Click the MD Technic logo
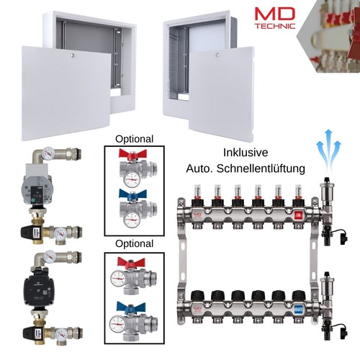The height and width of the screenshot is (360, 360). pos(275,18)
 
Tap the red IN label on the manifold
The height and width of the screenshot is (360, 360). pos(298,215)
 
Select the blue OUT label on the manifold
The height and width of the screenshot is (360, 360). pos(298,310)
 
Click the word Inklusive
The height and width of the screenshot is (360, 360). pos(246,153)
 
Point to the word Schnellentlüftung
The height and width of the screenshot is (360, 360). pos(261,168)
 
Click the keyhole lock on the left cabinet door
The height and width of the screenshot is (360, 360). pos(72,55)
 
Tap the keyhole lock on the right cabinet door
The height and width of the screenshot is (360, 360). pos(217,55)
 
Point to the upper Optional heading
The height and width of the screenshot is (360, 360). pos(134,139)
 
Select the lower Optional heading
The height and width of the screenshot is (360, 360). pos(134,244)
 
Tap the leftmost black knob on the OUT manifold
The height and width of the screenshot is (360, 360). pos(197,295)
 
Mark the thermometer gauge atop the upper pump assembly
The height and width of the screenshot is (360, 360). pos(50,153)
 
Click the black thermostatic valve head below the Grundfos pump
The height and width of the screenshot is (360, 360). pos(30,332)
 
